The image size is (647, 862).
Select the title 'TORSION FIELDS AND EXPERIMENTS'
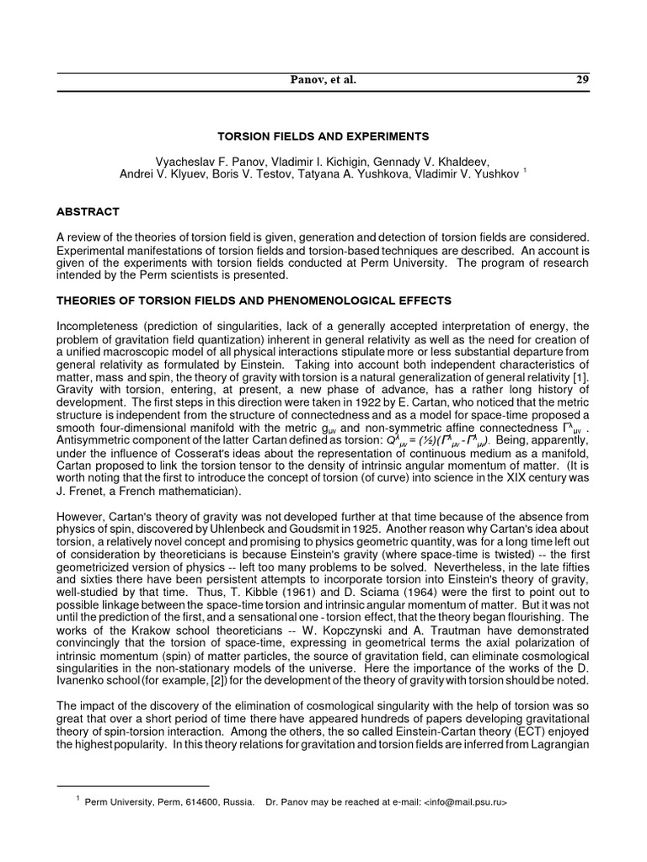(324, 136)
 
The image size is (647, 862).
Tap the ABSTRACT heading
(88, 211)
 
